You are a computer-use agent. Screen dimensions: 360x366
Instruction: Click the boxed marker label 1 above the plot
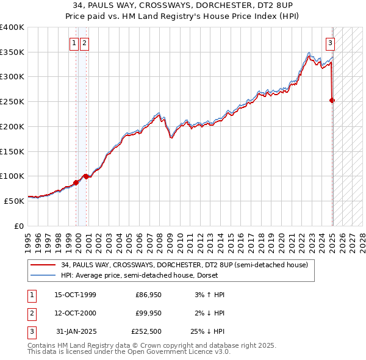[74, 43]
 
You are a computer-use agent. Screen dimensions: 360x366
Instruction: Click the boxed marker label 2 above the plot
[84, 43]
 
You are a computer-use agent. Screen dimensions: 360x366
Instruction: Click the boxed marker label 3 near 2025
[330, 43]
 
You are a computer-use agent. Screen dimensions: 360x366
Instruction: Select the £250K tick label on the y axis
[12, 101]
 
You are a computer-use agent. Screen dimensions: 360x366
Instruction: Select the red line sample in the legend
[43, 265]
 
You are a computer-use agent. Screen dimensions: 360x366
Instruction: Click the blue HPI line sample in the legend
[43, 275]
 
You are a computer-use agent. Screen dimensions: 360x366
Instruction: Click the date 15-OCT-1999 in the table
[75, 295]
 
